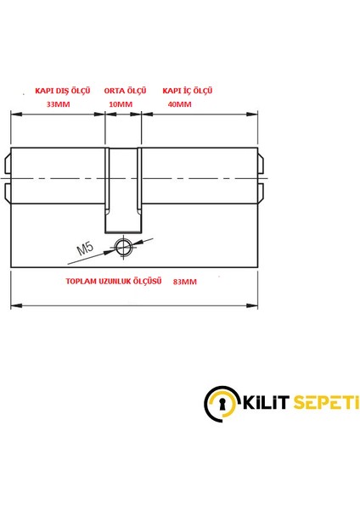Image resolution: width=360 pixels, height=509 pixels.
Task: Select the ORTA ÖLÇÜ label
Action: coord(125,90)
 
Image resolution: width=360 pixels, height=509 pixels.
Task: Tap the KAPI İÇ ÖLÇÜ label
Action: coord(187,90)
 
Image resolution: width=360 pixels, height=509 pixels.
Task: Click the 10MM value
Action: coord(121,104)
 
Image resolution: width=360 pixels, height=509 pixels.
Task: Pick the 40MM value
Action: coord(179,104)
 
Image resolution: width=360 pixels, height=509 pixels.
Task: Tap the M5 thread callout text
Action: coord(84,249)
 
